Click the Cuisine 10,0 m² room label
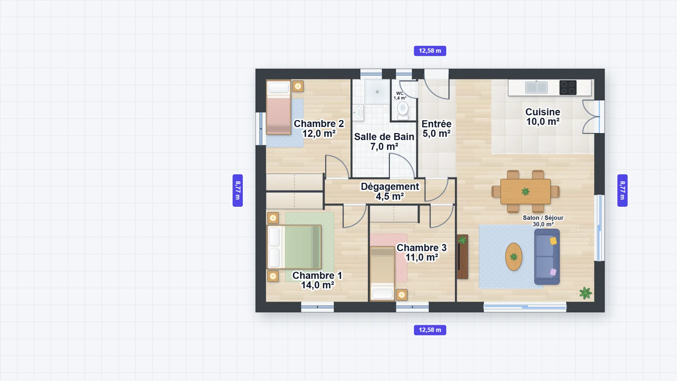click(x=543, y=117)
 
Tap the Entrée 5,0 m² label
click(x=437, y=129)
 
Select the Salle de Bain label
click(x=384, y=137)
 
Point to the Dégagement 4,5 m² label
click(x=390, y=191)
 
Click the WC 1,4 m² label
click(x=400, y=96)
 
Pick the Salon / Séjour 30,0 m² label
click(x=543, y=221)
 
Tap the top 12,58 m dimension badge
click(x=430, y=51)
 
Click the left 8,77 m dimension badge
click(x=238, y=190)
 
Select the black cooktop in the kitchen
click(x=568, y=87)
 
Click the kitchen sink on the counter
click(x=536, y=87)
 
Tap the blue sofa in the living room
click(x=547, y=257)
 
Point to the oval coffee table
click(x=514, y=257)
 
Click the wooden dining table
click(x=525, y=192)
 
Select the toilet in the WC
click(x=403, y=110)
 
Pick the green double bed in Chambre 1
click(x=294, y=247)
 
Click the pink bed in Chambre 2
click(x=279, y=107)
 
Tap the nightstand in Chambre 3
click(x=402, y=295)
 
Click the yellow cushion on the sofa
click(x=553, y=241)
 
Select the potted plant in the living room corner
click(x=585, y=293)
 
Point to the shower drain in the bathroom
click(x=377, y=92)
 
